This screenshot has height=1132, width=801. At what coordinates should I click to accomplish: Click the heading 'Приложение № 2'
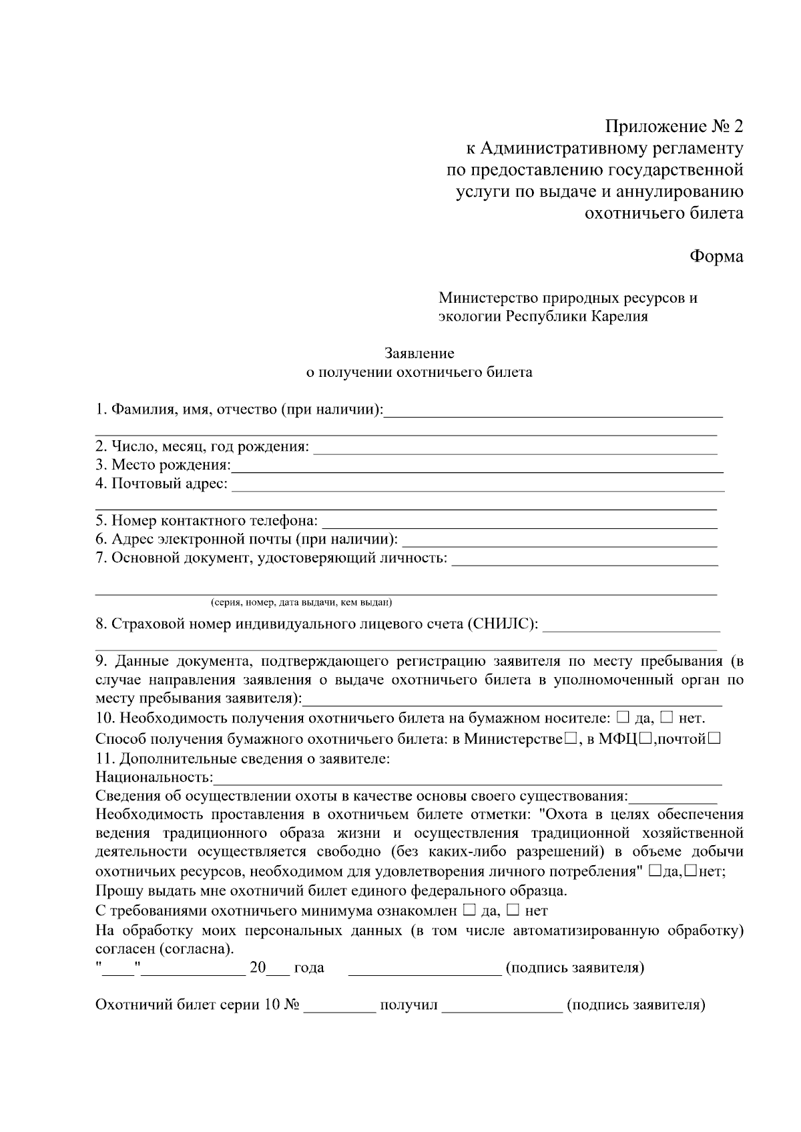(x=674, y=127)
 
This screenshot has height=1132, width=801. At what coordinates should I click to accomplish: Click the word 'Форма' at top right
(x=716, y=256)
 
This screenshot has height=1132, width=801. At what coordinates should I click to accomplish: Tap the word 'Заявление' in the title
(x=419, y=353)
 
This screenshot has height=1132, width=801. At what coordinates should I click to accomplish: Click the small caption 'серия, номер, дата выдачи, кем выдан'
(x=301, y=603)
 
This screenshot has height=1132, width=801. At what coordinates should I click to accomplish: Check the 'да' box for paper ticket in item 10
(x=622, y=718)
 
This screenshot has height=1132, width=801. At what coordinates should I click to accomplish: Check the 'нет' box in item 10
(x=667, y=718)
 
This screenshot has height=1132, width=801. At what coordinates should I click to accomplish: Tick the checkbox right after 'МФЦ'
(x=645, y=738)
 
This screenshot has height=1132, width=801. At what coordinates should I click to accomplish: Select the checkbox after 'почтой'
(x=714, y=738)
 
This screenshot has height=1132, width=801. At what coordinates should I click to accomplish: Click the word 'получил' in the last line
(x=409, y=1005)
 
